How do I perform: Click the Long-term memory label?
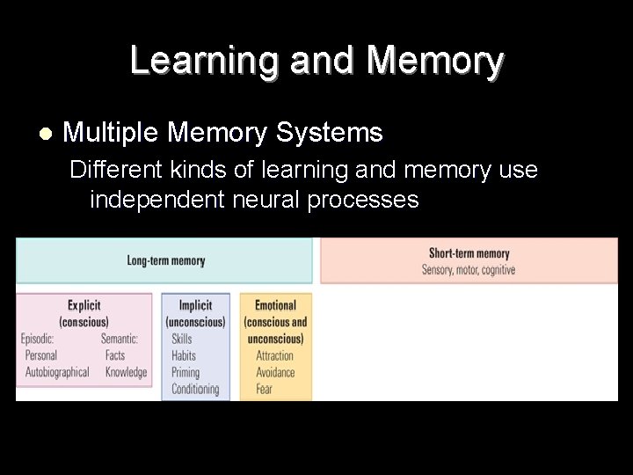coord(166,260)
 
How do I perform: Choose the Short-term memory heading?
coord(469,254)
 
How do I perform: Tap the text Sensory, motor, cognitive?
coord(469,270)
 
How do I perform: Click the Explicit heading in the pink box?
coord(84,305)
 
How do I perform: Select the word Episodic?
coord(38,339)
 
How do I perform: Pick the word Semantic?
coord(120,339)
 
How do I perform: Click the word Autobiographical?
coord(57,372)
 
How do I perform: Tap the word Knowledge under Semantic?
coord(127,372)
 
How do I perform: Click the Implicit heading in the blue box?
coord(195,305)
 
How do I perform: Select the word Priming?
coord(186,372)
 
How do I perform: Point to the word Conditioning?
coord(195,389)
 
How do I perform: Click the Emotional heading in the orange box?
coord(275,305)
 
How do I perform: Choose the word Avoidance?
coord(275,372)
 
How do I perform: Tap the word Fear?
coord(265,389)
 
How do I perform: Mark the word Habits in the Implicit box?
coord(184,355)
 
